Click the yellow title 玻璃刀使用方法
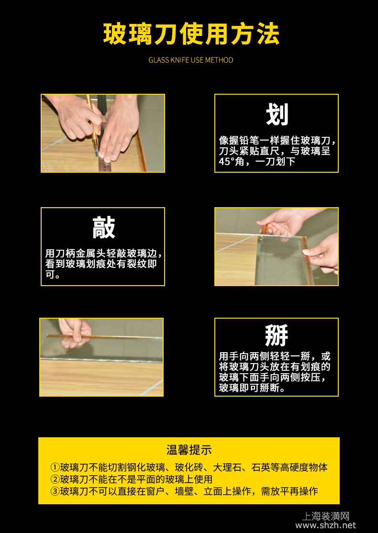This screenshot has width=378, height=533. coord(191,34)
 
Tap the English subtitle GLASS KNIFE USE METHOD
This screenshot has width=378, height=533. coord(191,60)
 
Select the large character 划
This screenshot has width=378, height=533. coord(277,115)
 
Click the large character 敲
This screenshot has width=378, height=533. coord(104,228)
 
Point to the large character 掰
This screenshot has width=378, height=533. coord(277,336)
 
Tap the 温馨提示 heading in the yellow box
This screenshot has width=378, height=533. coord(189,450)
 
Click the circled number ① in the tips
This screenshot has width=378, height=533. coord(55,467)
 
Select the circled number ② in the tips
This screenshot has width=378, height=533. coord(55,479)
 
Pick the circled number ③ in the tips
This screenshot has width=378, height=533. coord(55,491)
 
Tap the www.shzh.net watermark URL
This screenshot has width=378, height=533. coord(326,525)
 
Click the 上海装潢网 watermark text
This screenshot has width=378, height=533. coord(326,516)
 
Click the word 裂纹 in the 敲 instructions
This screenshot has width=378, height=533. coord(135,264)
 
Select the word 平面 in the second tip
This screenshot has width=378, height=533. coord(146,479)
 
